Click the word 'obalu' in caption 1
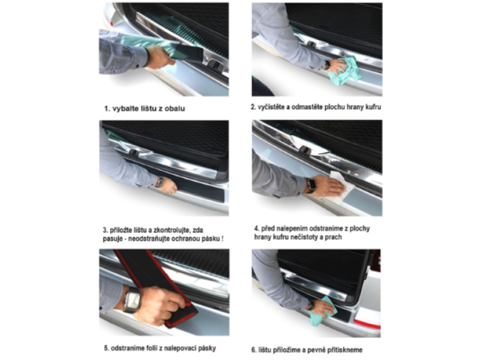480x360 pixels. point(175,109)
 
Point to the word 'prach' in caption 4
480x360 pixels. point(334,237)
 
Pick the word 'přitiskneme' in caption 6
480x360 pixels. point(344,350)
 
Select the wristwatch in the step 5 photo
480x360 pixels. point(132,299)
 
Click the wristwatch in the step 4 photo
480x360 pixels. point(311,185)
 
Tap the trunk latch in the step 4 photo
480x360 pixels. point(305,149)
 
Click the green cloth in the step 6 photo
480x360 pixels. point(322,312)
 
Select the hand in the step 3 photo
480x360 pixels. point(169,186)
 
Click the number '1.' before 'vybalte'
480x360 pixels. point(107,109)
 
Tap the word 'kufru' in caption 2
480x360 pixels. point(373,107)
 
